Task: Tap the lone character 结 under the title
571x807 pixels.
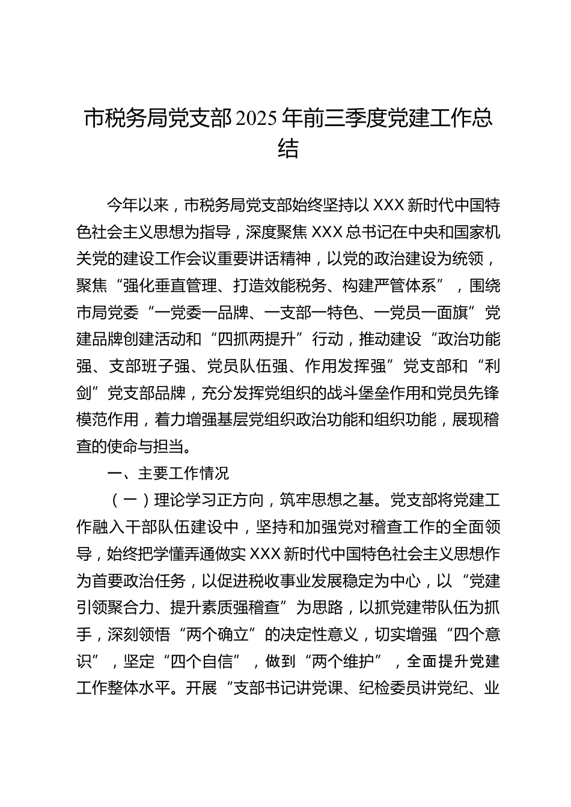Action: (288, 148)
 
